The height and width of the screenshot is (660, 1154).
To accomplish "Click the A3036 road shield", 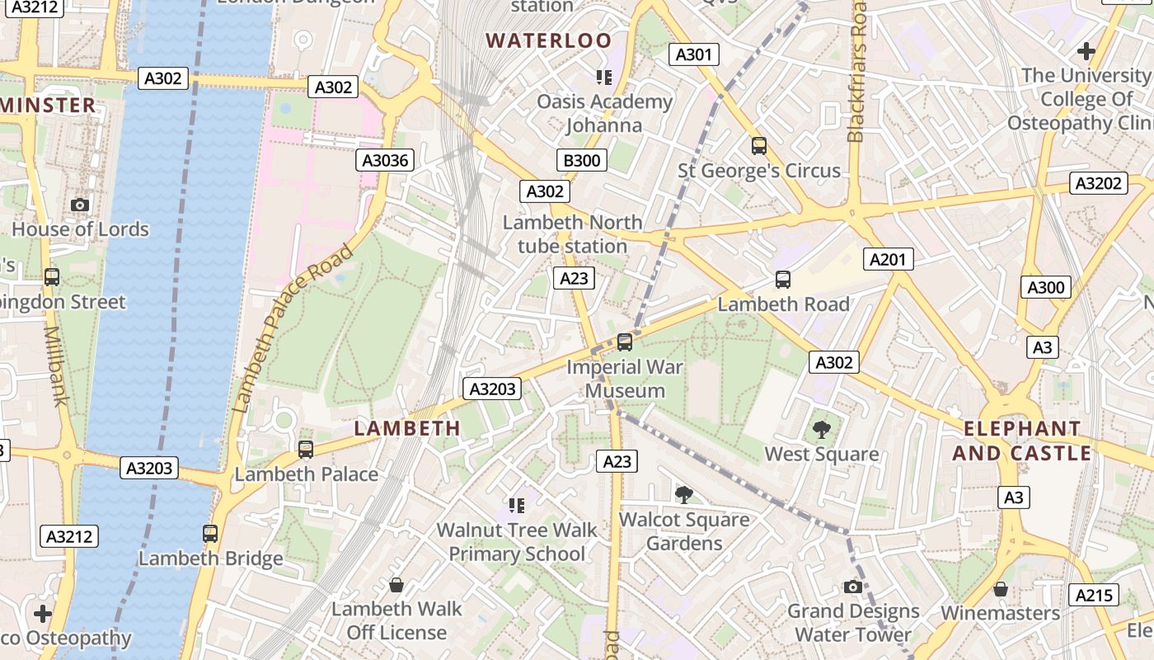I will click(x=386, y=160).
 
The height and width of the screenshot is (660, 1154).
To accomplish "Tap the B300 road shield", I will click(x=581, y=160).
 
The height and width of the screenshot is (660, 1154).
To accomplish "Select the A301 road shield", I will click(x=692, y=54).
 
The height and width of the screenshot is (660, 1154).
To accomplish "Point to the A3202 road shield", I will click(x=1098, y=183).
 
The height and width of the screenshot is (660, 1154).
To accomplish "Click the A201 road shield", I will click(x=888, y=260).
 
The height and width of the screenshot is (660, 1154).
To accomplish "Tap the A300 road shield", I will click(x=1046, y=287).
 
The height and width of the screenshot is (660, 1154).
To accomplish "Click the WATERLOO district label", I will click(x=549, y=40).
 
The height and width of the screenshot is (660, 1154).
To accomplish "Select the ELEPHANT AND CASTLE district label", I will click(x=1022, y=441).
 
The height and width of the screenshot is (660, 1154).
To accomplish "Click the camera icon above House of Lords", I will click(x=80, y=205).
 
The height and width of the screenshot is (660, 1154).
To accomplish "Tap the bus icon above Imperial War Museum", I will click(x=625, y=342).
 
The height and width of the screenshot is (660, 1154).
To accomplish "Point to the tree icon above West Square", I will click(x=821, y=429).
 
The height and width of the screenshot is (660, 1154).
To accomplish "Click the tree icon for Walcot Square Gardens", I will click(x=683, y=494).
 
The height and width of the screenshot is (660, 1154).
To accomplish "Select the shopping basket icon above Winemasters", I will click(x=1000, y=589).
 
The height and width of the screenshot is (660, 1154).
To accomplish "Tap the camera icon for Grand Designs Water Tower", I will click(x=853, y=587).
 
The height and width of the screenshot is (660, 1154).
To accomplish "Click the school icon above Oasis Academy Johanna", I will click(x=604, y=78).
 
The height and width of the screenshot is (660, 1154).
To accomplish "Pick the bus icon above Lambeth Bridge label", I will click(x=210, y=534).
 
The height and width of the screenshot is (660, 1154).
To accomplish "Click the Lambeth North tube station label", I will click(x=573, y=234).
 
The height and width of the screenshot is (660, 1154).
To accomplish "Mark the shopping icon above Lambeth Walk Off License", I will click(x=396, y=585).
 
